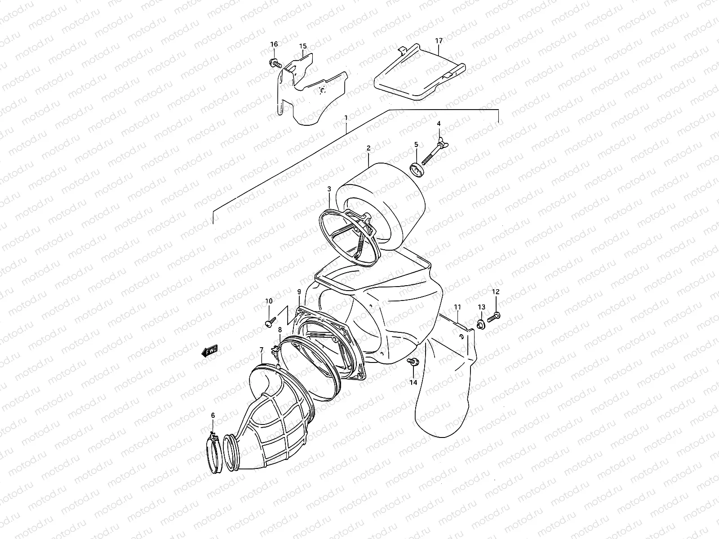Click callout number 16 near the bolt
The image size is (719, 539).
tap(274, 44)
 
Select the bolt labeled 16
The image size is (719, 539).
tap(274, 62)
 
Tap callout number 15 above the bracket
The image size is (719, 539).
tap(303, 46)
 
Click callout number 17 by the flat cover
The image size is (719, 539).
tap(439, 41)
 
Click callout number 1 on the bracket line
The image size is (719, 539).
tap(346, 118)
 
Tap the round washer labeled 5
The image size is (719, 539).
tap(417, 171)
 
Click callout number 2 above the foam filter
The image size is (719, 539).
tap(368, 148)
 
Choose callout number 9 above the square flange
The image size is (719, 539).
tap(299, 292)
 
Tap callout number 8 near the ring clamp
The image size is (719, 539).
tap(280, 330)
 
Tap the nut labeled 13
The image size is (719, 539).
tap(480, 323)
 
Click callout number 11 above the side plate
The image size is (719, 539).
tap(457, 307)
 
